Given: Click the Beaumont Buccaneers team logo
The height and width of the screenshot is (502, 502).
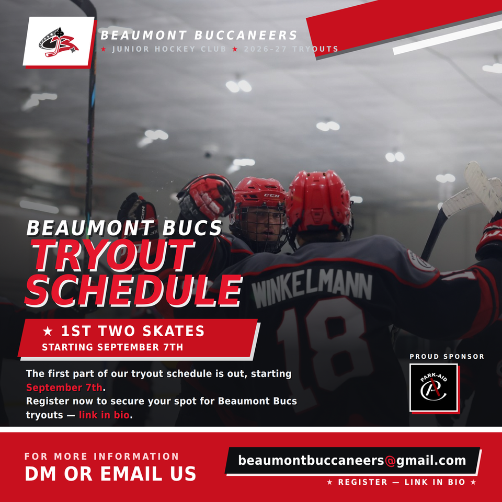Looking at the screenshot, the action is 59,42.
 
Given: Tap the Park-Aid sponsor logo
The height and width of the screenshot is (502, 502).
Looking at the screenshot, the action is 433,387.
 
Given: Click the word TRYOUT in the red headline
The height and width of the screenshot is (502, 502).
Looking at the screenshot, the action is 113,256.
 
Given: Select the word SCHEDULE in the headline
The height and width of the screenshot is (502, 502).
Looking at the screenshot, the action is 133,290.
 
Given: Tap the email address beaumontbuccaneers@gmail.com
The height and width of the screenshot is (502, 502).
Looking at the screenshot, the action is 352,460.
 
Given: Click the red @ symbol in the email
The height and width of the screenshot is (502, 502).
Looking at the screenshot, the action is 390,461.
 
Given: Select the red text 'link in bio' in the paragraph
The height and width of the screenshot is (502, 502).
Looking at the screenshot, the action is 104,415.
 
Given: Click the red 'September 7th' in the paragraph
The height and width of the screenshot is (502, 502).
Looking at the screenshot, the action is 64,387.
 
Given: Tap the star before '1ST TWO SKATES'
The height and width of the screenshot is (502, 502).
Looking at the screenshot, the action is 48,331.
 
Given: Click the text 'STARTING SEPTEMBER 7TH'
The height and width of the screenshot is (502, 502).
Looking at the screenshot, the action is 112,347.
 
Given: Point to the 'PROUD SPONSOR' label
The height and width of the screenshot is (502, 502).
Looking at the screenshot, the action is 447,357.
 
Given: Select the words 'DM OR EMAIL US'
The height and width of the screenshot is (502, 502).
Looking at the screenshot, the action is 110,474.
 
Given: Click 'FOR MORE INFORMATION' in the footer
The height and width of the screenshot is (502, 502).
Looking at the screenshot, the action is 101,456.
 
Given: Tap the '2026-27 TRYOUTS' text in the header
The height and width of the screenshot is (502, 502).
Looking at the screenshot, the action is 291,49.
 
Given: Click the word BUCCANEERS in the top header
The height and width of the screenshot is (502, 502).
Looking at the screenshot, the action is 246,35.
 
